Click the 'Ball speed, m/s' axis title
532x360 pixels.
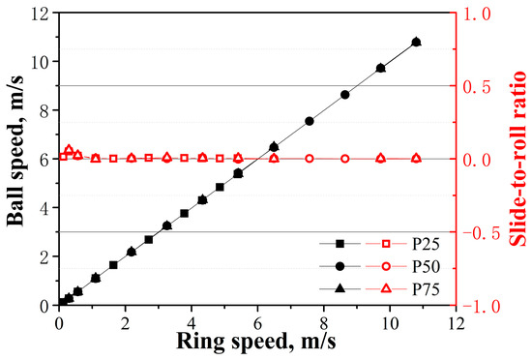click(x=15, y=150)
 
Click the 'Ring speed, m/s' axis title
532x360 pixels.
click(x=256, y=342)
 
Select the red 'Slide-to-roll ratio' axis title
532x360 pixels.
click(x=518, y=158)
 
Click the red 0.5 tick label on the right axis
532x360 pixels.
click(x=477, y=87)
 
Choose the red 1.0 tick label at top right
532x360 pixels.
click(x=477, y=15)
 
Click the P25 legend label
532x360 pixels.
click(x=426, y=244)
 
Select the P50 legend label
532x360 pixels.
click(x=426, y=267)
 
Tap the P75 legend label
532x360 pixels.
click(x=426, y=289)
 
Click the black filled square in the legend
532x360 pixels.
click(x=340, y=244)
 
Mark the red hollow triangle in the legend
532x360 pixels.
click(x=386, y=288)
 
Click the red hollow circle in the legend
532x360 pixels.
click(x=386, y=267)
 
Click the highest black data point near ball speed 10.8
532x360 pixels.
click(x=416, y=42)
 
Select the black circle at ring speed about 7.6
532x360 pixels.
click(x=310, y=121)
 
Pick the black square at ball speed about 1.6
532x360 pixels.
click(x=113, y=265)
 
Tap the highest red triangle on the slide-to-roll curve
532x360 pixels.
click(x=69, y=149)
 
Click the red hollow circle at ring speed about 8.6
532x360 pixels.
click(x=345, y=159)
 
